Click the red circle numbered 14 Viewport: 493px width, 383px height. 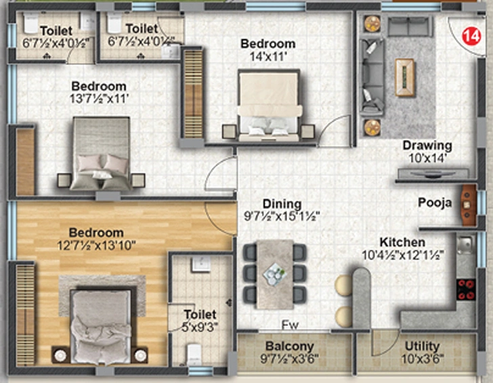pyautogui.click(x=471, y=36)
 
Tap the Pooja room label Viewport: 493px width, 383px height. pyautogui.click(x=435, y=202)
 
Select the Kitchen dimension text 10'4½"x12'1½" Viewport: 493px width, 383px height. pyautogui.click(x=403, y=255)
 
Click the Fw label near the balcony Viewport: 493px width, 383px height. pyautogui.click(x=290, y=325)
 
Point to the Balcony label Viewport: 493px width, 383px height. pyautogui.click(x=290, y=346)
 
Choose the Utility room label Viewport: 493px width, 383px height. pyautogui.click(x=422, y=346)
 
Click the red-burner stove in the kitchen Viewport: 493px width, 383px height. pyautogui.click(x=466, y=290)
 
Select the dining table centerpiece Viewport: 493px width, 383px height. pyautogui.click(x=275, y=273)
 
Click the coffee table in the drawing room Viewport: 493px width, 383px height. pyautogui.click(x=404, y=77)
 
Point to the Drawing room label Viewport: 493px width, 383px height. pyautogui.click(x=427, y=145)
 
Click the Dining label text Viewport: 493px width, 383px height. pyautogui.click(x=282, y=204)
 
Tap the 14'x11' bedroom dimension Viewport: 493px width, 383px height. pyautogui.click(x=268, y=57)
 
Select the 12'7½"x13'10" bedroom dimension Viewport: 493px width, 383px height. pyautogui.click(x=96, y=246)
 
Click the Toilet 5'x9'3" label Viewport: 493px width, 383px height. pyautogui.click(x=200, y=321)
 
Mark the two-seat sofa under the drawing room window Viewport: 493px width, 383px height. pyautogui.click(x=408, y=26)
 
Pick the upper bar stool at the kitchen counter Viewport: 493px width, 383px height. pyautogui.click(x=343, y=286)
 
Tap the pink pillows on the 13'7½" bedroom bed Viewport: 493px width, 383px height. pyautogui.click(x=103, y=163)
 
